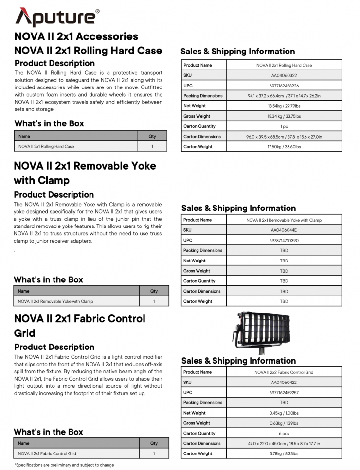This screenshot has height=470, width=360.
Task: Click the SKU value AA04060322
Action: pos(284,75)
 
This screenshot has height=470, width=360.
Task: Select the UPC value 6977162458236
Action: pos(284,86)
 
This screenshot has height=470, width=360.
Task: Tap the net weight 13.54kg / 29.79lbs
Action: pos(284,106)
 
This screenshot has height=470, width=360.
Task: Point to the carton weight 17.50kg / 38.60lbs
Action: pos(284,147)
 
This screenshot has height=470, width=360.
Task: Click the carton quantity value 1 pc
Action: pos(284,126)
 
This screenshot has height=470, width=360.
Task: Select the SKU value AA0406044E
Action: pos(284,230)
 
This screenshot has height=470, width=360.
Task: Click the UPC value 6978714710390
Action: pos(284,240)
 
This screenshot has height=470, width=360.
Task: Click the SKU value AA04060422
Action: pos(284,383)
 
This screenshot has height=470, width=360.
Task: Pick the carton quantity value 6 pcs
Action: pos(284,433)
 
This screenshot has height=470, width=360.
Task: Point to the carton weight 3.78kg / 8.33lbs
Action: pos(284,453)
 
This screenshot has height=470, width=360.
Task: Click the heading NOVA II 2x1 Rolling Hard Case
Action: pos(88,51)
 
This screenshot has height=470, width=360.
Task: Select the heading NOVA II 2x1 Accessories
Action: pos(76,36)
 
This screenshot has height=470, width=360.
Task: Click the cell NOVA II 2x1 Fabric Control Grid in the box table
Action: pos(47,453)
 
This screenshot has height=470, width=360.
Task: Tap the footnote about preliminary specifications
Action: pos(64,465)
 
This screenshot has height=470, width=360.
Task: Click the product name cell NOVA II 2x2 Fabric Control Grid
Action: pos(284,372)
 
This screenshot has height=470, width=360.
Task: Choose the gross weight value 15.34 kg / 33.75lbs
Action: pos(284,116)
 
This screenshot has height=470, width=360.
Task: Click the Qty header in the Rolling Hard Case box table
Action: pos(152,136)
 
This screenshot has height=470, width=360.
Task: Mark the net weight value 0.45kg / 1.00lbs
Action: pos(284,413)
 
